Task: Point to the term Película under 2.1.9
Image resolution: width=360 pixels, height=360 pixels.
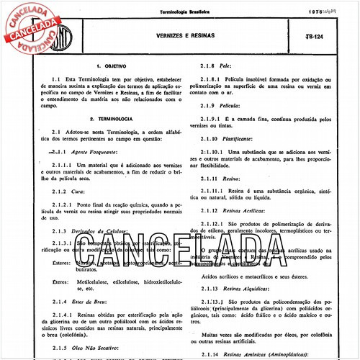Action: (235, 104)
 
